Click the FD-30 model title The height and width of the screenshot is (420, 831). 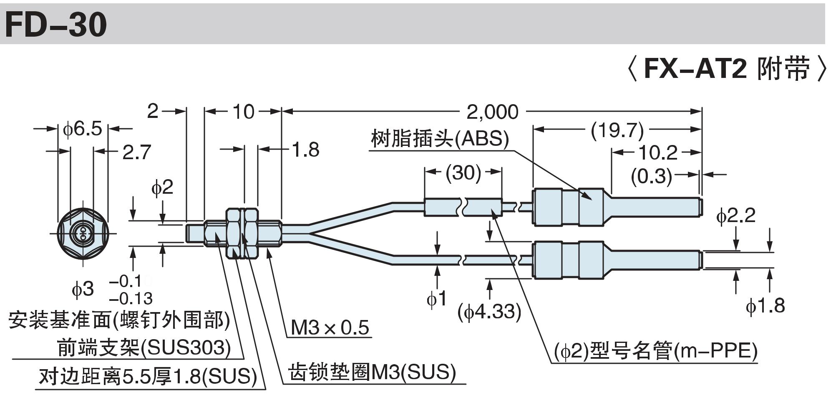click(x=56, y=25)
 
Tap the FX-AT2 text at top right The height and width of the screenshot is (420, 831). click(x=695, y=68)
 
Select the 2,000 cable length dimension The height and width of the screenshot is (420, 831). click(x=492, y=112)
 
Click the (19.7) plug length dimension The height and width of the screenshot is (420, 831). click(x=617, y=130)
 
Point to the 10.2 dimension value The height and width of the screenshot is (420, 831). click(x=658, y=153)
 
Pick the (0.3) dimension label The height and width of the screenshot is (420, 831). click(x=651, y=176)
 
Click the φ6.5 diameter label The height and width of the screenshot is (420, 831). click(x=82, y=129)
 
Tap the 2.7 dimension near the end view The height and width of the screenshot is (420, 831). click(x=136, y=152)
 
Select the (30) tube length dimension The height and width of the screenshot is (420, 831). click(x=463, y=172)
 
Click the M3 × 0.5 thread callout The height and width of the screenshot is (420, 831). click(x=330, y=327)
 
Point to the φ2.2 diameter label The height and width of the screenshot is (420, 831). click(x=736, y=216)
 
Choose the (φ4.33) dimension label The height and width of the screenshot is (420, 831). click(x=489, y=311)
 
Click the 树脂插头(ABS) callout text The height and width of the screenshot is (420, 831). click(x=440, y=139)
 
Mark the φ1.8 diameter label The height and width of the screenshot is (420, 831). click(x=765, y=305)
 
